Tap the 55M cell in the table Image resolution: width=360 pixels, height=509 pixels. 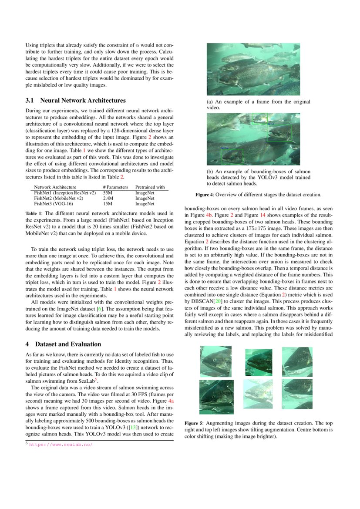click(108, 192)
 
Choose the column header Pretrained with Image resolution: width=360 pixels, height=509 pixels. click(150, 187)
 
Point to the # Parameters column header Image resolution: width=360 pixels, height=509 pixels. click(115, 187)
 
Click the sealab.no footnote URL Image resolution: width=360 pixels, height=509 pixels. click(61, 445)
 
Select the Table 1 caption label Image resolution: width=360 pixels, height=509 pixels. click(34, 213)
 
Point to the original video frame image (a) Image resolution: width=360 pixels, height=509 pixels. click(253, 69)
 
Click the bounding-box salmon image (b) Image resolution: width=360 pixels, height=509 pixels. click(253, 139)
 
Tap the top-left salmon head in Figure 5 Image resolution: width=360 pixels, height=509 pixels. click(216, 361)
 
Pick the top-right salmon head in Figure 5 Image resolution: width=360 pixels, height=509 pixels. click(297, 361)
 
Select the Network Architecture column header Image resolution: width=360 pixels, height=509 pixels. click(55, 187)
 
